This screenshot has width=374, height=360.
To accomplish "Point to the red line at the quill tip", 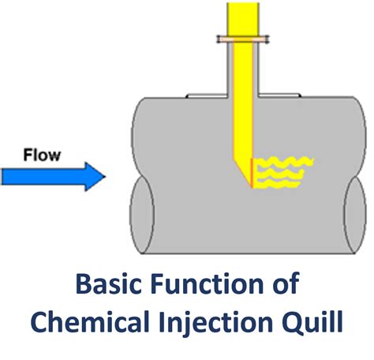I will click(x=251, y=173).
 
